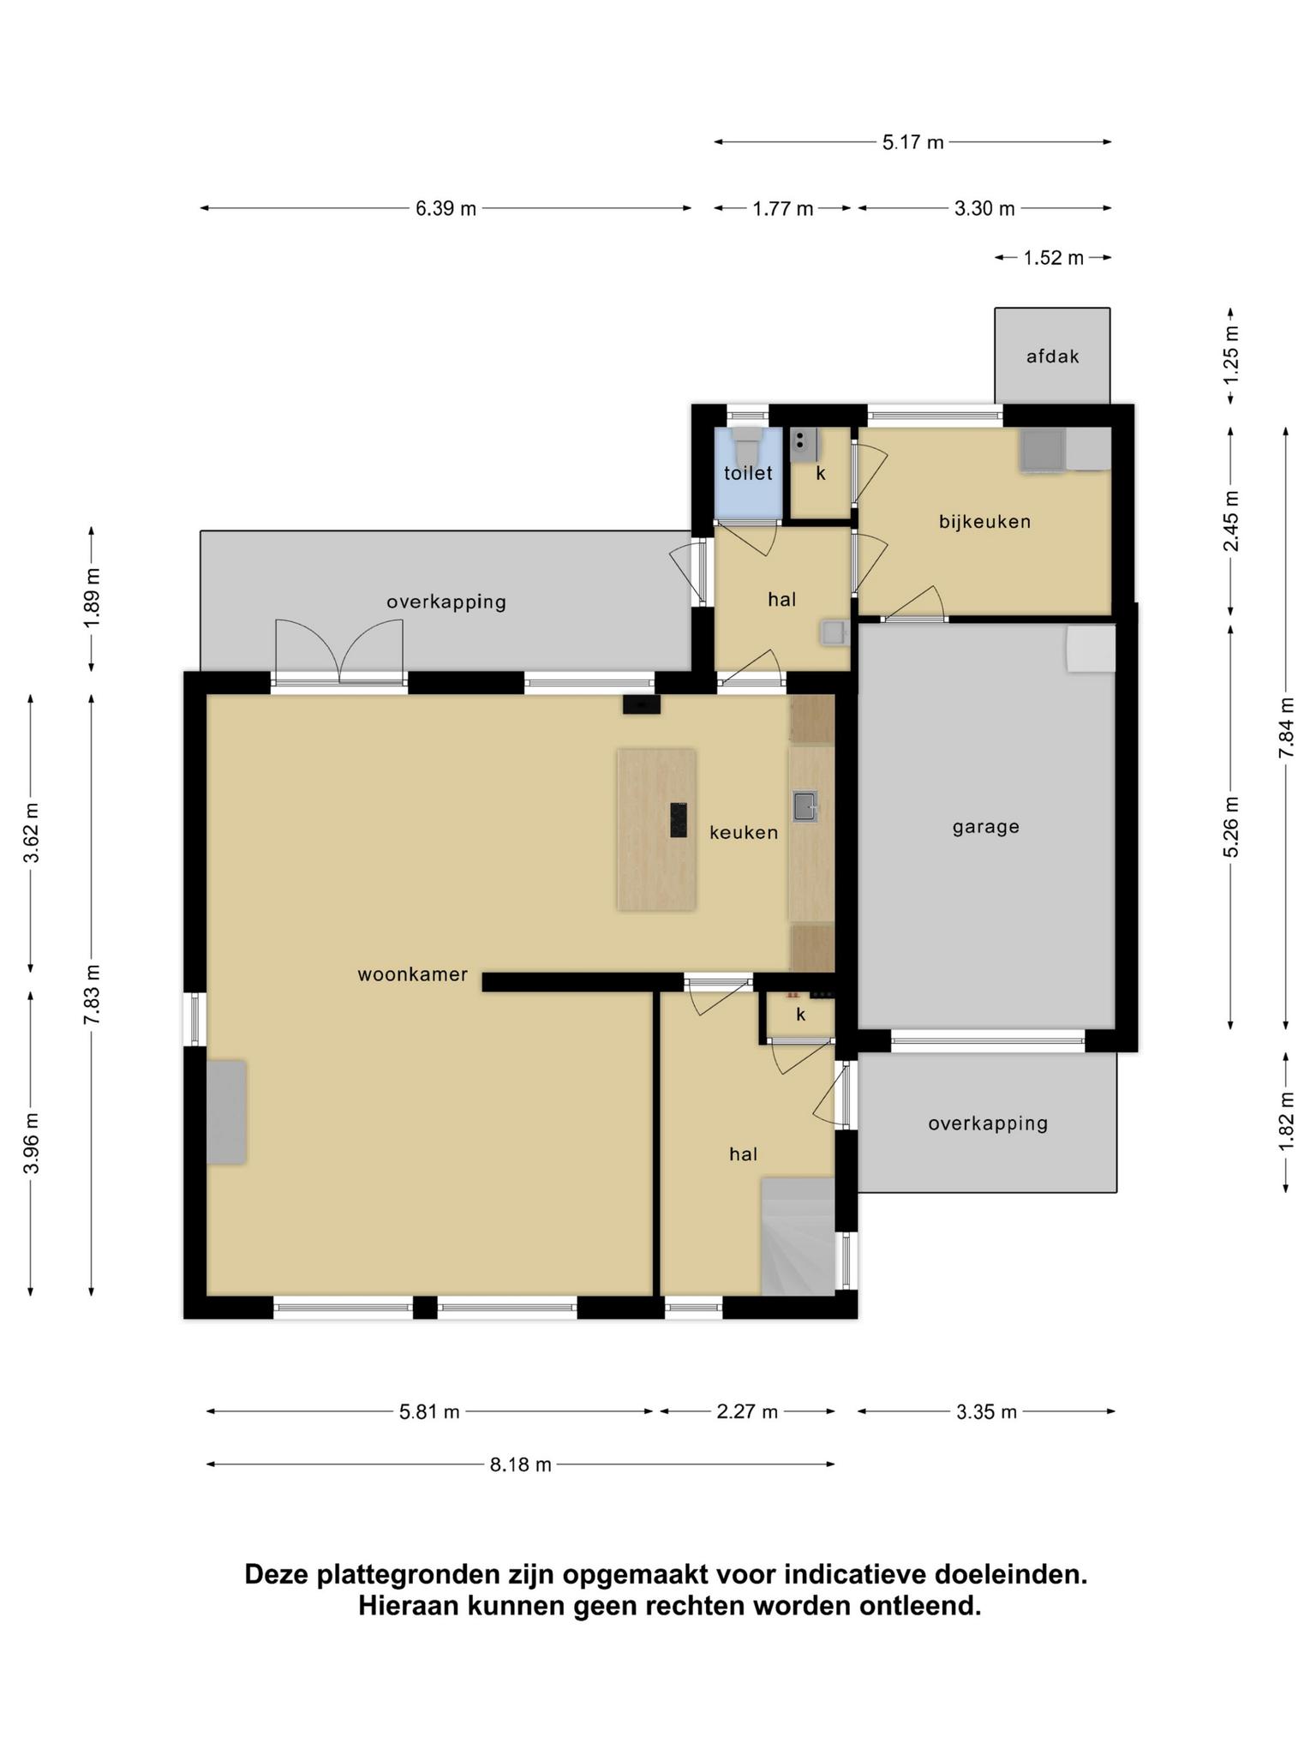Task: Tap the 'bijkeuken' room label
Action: [x=984, y=521]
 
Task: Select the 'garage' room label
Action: [x=986, y=827]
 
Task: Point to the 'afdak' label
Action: [x=1053, y=356]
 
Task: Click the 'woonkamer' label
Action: [x=413, y=974]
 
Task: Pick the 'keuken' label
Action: [x=744, y=832]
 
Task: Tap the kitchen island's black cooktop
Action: [x=679, y=819]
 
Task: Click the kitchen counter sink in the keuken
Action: [x=805, y=806]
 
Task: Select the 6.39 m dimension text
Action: [x=446, y=208]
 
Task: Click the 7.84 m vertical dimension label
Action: [x=1286, y=727]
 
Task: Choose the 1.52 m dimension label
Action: [x=1054, y=258]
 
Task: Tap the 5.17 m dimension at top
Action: [x=913, y=142]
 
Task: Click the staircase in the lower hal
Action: [x=798, y=1236]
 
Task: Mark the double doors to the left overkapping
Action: [x=339, y=652]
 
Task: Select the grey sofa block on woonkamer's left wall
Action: [x=226, y=1112]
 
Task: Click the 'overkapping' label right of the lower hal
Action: [x=988, y=1123]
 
